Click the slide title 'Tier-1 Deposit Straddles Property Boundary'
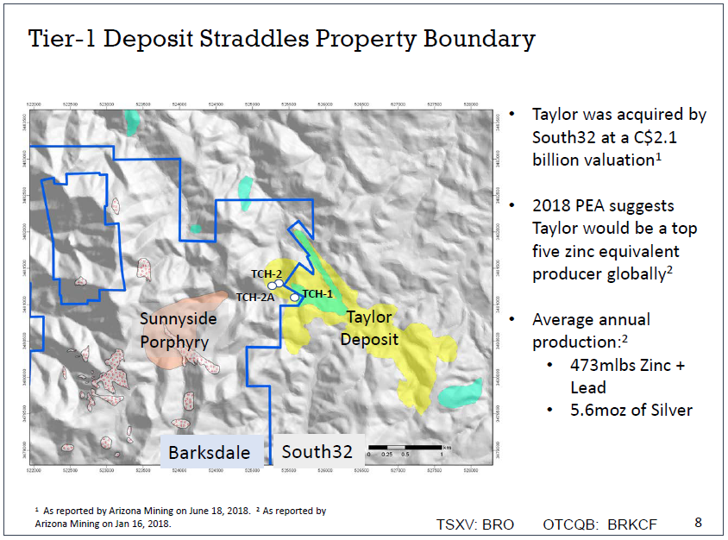pyautogui.click(x=281, y=40)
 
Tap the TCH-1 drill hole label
pyautogui.click(x=317, y=293)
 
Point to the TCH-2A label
pyautogui.click(x=255, y=297)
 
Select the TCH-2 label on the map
pyautogui.click(x=267, y=273)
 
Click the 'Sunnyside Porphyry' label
pyautogui.click(x=179, y=330)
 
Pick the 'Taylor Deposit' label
pyautogui.click(x=369, y=329)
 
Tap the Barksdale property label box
pyautogui.click(x=209, y=452)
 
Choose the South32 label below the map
pyautogui.click(x=317, y=452)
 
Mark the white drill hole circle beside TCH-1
pyautogui.click(x=295, y=298)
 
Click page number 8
pyautogui.click(x=699, y=523)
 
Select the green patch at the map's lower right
pyautogui.click(x=460, y=392)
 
